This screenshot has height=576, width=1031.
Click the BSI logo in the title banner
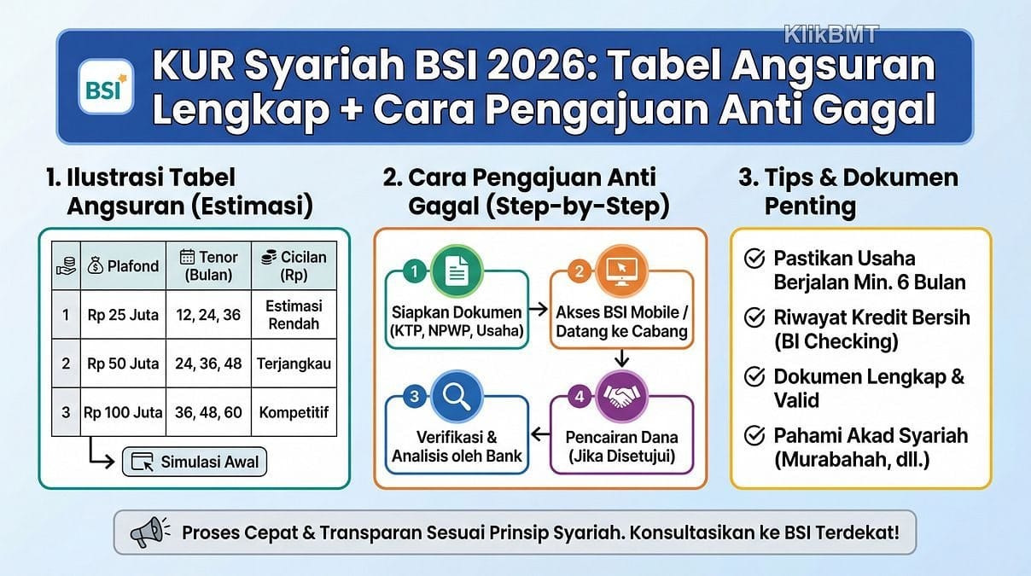tap(106, 86)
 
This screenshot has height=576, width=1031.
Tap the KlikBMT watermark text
tap(831, 34)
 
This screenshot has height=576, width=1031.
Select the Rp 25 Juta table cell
tap(123, 315)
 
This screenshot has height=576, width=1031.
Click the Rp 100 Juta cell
tap(123, 412)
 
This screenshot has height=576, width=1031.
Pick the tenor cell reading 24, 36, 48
tap(208, 364)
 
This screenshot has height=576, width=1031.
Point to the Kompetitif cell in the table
tap(294, 412)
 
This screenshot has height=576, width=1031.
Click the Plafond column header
tap(123, 266)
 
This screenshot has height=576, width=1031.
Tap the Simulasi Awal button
tap(195, 462)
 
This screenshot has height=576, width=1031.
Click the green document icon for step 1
tap(457, 271)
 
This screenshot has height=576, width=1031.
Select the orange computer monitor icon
tap(622, 271)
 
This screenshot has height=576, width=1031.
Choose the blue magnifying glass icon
tap(457, 397)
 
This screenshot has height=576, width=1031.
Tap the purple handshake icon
tap(622, 397)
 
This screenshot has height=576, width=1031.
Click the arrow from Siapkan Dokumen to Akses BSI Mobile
tap(538, 309)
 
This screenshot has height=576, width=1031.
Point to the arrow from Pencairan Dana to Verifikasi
tap(540, 433)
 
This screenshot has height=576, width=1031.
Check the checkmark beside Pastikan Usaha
tap(754, 259)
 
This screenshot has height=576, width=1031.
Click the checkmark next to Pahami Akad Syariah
tap(754, 436)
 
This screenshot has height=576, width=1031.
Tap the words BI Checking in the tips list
tap(836, 341)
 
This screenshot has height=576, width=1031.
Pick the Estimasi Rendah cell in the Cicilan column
tap(294, 315)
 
